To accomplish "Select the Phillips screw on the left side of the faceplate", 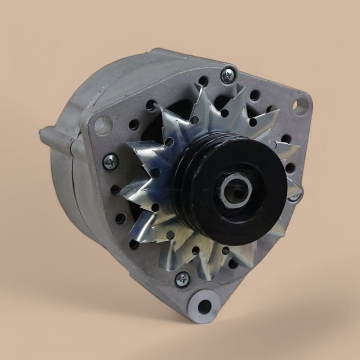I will click(110, 163).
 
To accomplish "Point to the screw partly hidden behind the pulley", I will click(294, 196).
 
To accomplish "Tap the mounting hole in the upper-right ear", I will click(299, 105).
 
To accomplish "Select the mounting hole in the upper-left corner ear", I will click(103, 125).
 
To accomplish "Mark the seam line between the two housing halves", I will click(76, 170).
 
